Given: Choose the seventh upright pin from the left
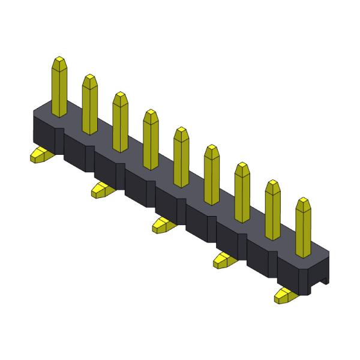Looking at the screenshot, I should tap(242, 191).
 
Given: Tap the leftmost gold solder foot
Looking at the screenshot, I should tap(41, 155).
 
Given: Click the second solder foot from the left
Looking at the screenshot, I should tap(102, 190).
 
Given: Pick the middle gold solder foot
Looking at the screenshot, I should tap(163, 224).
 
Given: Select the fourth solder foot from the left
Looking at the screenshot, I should tap(225, 259).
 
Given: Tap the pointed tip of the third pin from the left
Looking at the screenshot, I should tap(120, 95).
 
